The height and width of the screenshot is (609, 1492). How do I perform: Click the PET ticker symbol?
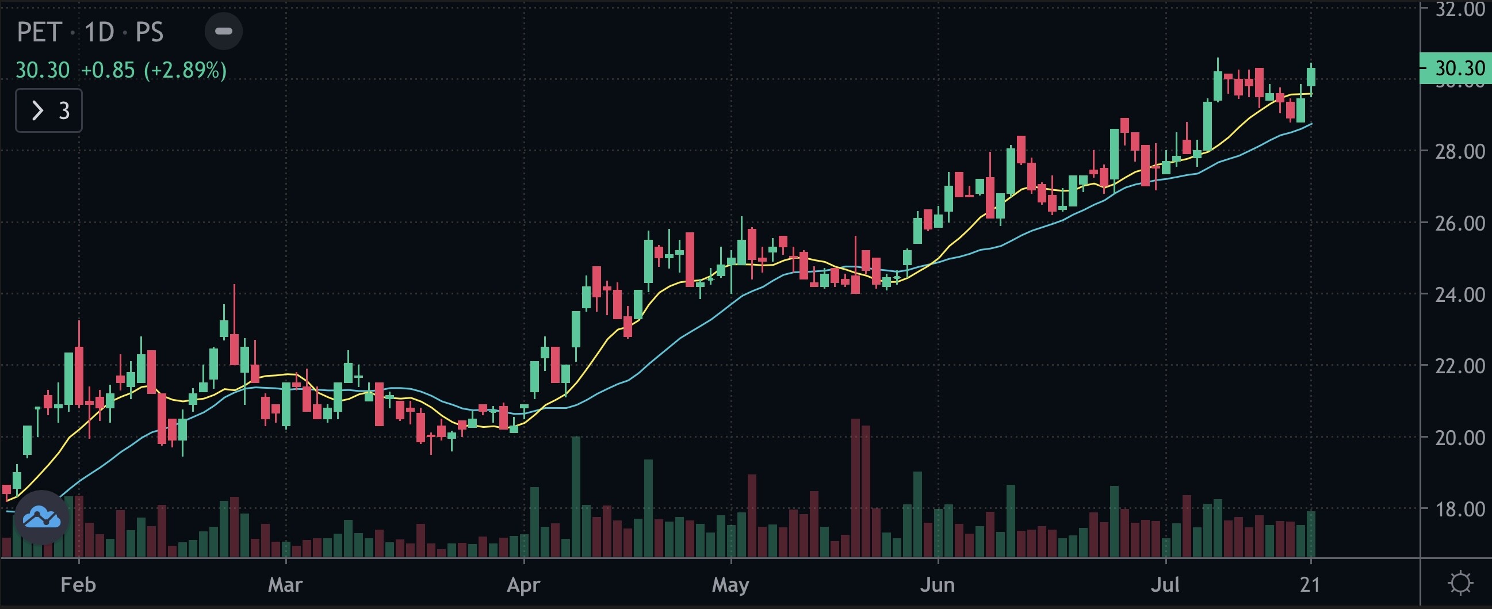[39, 32]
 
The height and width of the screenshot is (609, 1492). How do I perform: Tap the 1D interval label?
[99, 32]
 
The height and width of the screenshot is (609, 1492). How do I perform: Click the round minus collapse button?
[224, 31]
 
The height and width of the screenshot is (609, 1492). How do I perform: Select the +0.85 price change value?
[108, 70]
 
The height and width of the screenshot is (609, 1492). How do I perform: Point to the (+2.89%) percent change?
[185, 70]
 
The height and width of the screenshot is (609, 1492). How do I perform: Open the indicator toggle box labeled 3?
[49, 110]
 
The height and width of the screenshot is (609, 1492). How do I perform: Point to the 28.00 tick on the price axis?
[1460, 152]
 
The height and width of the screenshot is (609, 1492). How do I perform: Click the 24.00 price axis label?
[1460, 294]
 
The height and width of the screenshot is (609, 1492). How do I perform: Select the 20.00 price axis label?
[1460, 438]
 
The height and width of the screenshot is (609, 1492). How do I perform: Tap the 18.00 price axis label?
[1460, 510]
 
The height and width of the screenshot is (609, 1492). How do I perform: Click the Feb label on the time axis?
[78, 585]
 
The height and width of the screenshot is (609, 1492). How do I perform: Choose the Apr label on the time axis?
[523, 585]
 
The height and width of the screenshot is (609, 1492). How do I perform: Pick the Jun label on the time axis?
[937, 585]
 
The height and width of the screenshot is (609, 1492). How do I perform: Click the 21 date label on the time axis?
[1310, 585]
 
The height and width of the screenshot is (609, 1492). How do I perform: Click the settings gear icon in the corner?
[1460, 583]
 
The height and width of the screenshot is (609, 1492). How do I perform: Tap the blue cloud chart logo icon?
[41, 518]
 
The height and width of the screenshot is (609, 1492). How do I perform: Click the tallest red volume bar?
[855, 488]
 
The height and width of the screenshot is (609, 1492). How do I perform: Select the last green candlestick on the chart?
[1311, 77]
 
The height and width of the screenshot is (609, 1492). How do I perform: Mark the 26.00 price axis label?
[1460, 224]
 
